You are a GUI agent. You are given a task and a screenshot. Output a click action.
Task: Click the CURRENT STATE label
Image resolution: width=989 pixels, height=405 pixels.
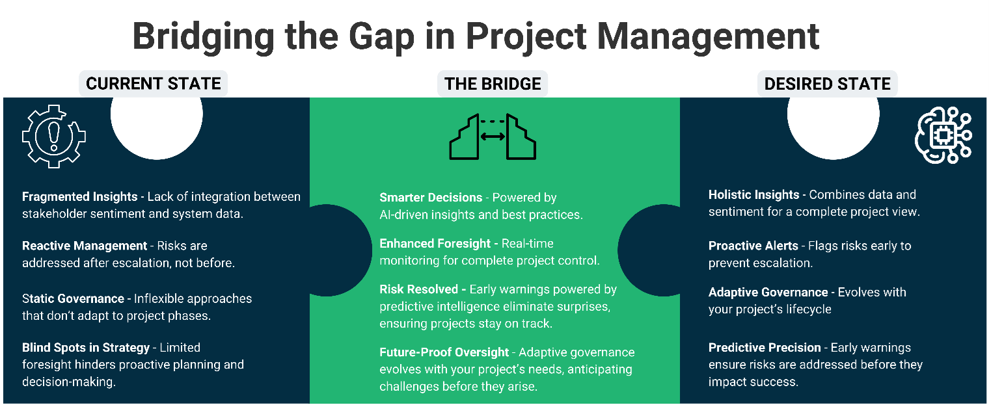pyautogui.click(x=154, y=84)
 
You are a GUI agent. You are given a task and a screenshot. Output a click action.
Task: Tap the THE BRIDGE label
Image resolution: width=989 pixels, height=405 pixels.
pyautogui.click(x=493, y=84)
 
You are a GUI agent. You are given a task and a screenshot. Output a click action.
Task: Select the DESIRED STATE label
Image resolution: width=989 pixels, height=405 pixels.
pyautogui.click(x=827, y=84)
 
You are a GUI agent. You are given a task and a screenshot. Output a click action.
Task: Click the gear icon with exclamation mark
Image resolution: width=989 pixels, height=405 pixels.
pyautogui.click(x=54, y=137)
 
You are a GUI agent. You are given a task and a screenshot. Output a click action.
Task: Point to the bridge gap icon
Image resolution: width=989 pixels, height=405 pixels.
pyautogui.click(x=493, y=137)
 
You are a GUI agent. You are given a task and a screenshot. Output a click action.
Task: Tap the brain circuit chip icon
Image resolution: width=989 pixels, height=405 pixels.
pyautogui.click(x=943, y=135)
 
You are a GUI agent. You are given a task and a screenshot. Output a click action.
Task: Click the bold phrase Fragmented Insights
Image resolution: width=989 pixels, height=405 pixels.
pyautogui.click(x=80, y=196)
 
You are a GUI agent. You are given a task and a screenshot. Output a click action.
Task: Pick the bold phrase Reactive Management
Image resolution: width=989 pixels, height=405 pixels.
pyautogui.click(x=85, y=246)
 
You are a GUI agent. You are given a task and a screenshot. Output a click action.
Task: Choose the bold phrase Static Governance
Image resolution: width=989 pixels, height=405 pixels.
pyautogui.click(x=73, y=298)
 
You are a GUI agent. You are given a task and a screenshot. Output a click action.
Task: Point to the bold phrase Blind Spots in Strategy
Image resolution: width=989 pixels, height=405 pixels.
pyautogui.click(x=86, y=348)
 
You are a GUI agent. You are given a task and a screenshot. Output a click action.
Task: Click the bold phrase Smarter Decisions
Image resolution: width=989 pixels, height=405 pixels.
pyautogui.click(x=431, y=198)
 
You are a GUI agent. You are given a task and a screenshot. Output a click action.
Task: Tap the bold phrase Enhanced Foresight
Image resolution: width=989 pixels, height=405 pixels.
pyautogui.click(x=435, y=244)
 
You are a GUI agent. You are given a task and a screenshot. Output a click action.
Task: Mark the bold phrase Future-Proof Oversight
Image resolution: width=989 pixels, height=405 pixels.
pyautogui.click(x=444, y=352)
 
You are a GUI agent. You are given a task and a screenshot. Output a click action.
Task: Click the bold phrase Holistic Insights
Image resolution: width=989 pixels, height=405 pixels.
pyautogui.click(x=753, y=194)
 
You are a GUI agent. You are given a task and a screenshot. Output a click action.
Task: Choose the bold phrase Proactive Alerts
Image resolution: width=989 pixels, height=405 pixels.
pyautogui.click(x=753, y=246)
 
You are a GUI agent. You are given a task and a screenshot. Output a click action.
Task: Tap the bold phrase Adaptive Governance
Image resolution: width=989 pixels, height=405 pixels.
pyautogui.click(x=768, y=293)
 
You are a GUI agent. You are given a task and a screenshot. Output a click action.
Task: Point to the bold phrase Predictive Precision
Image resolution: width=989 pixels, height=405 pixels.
pyautogui.click(x=765, y=348)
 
